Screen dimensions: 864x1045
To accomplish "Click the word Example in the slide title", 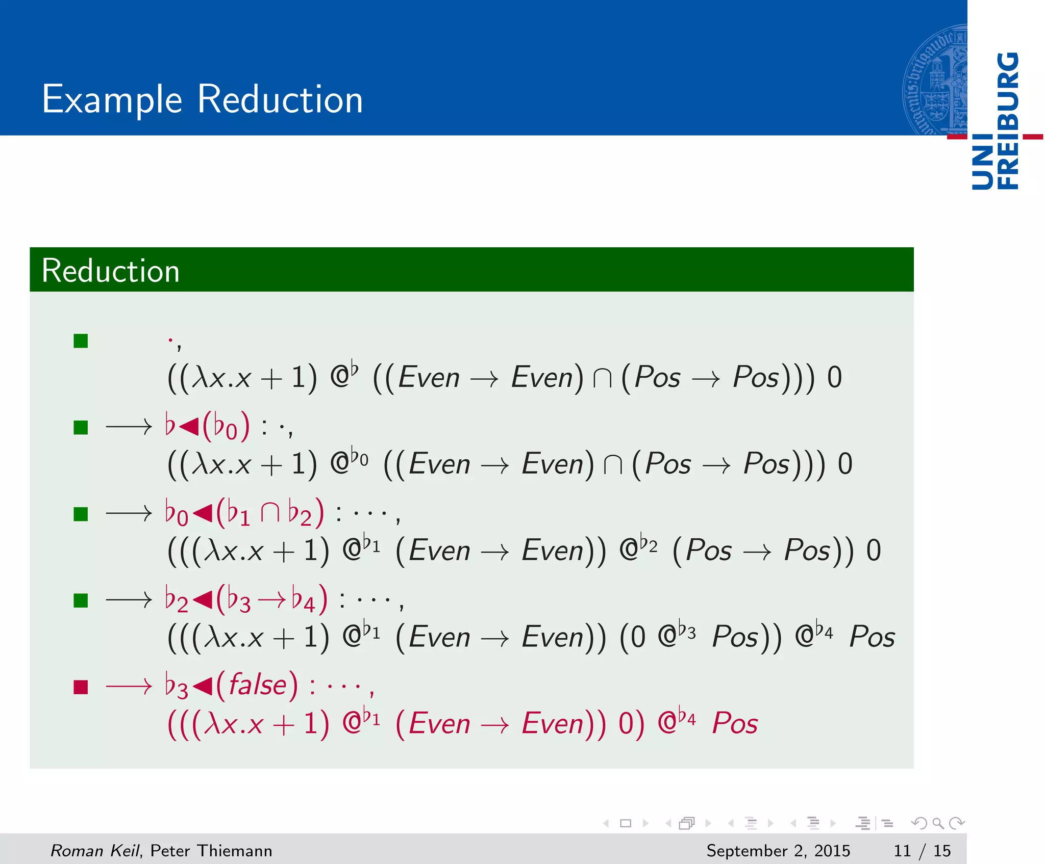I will tap(112, 99).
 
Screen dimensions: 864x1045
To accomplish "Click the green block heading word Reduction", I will tap(110, 271).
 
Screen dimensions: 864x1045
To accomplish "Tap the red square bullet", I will tap(81, 687).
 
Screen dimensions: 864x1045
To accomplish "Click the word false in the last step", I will tap(257, 685).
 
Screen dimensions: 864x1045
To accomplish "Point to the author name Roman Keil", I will tap(94, 851).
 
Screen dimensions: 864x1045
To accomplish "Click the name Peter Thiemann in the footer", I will tap(211, 851).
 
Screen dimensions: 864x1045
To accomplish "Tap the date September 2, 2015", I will tap(778, 851).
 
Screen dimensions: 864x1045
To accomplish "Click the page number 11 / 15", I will tap(922, 851).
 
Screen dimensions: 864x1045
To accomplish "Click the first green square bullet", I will tap(81, 341).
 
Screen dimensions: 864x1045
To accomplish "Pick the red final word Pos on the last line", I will tap(735, 723).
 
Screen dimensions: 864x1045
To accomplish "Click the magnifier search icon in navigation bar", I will tap(938, 823).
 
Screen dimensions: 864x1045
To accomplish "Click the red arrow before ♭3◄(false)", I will tap(129, 687).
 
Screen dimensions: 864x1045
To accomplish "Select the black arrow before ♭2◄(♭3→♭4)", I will tap(129, 600).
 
